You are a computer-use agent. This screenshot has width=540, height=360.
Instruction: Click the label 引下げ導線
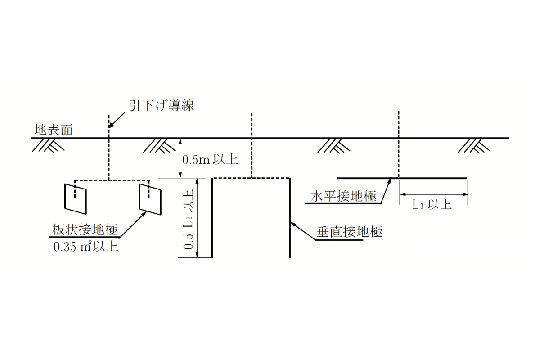[161, 106]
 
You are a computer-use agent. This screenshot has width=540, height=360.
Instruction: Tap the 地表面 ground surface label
[53, 130]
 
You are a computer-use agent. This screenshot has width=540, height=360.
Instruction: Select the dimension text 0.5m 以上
[210, 160]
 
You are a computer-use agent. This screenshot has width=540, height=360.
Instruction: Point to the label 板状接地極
[85, 230]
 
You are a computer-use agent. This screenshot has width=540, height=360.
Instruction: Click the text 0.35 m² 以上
[86, 247]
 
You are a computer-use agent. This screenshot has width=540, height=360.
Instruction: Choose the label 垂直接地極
[349, 232]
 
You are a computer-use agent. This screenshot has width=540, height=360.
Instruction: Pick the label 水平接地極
[343, 196]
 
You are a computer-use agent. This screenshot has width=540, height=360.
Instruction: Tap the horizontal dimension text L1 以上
[432, 204]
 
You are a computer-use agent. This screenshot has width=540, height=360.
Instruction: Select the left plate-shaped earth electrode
[76, 199]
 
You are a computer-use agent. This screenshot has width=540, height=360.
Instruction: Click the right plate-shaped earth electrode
[150, 199]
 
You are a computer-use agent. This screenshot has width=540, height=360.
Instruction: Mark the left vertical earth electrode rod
[212, 218]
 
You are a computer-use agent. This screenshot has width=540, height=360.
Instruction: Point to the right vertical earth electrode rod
[290, 218]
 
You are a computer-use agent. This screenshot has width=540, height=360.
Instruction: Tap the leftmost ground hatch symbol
[48, 145]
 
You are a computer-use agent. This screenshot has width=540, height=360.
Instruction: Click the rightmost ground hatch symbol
[474, 146]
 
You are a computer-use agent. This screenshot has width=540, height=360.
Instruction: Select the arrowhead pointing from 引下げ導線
[112, 125]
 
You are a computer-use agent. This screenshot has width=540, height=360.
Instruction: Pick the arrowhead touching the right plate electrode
[144, 214]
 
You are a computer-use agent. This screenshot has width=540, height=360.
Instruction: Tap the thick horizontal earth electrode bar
[402, 178]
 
